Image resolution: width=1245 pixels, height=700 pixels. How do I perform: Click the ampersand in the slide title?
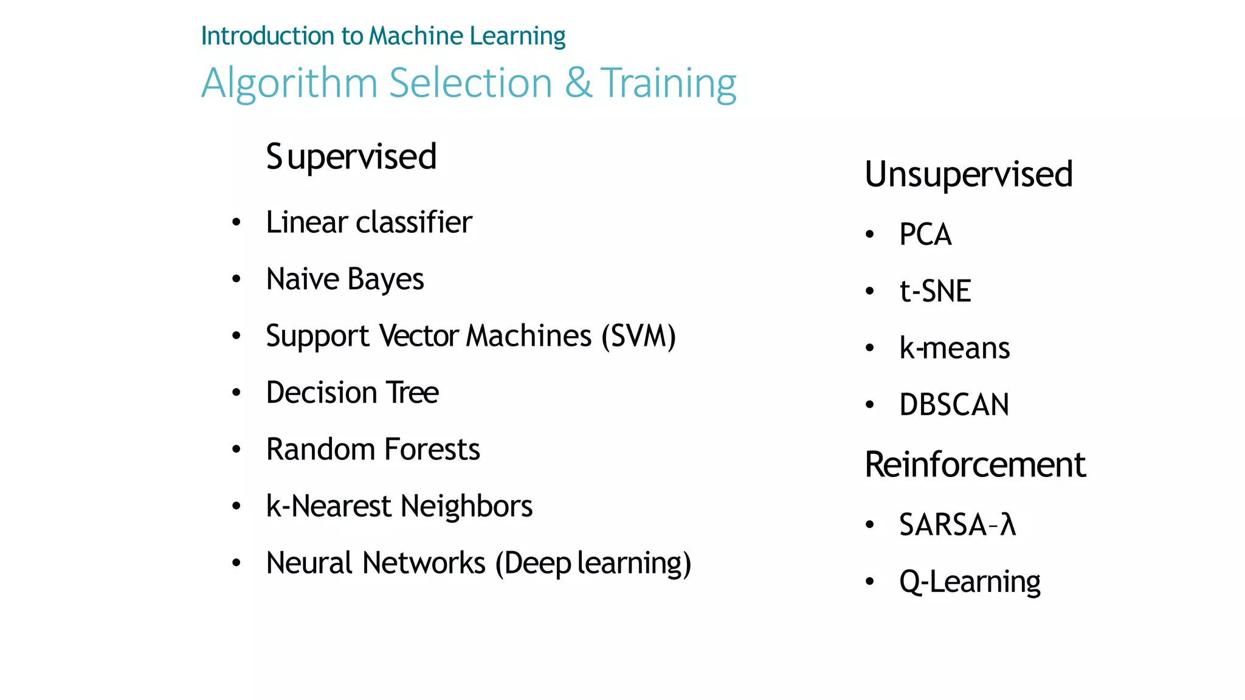[578, 83]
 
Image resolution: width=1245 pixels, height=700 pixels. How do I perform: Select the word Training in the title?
[669, 83]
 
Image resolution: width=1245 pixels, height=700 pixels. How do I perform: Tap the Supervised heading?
[351, 157]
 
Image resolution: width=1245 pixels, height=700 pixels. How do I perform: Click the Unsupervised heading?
[968, 174]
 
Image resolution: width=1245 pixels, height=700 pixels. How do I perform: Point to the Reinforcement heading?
[975, 465]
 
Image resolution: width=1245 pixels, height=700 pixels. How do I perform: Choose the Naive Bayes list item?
[345, 280]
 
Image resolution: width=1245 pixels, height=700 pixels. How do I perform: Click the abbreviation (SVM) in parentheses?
[638, 336]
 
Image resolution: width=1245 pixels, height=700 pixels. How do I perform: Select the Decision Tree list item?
[352, 393]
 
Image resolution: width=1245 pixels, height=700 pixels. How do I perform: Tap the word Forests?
[432, 450]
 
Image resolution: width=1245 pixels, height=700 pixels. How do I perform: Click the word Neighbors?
[466, 506]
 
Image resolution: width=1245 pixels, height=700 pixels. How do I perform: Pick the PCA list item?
[925, 235]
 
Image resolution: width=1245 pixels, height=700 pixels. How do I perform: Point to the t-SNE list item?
[935, 291]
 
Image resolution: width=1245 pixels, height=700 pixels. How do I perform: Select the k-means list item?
[954, 348]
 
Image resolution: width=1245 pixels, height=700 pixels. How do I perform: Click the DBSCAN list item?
[954, 405]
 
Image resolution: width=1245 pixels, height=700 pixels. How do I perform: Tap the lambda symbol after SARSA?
[1009, 525]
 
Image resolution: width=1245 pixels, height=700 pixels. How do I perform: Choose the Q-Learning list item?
[970, 582]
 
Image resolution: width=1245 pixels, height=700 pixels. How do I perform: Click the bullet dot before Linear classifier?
[236, 222]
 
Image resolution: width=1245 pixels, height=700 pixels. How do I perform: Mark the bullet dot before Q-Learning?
[870, 582]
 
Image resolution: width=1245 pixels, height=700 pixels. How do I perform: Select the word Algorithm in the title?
[289, 83]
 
